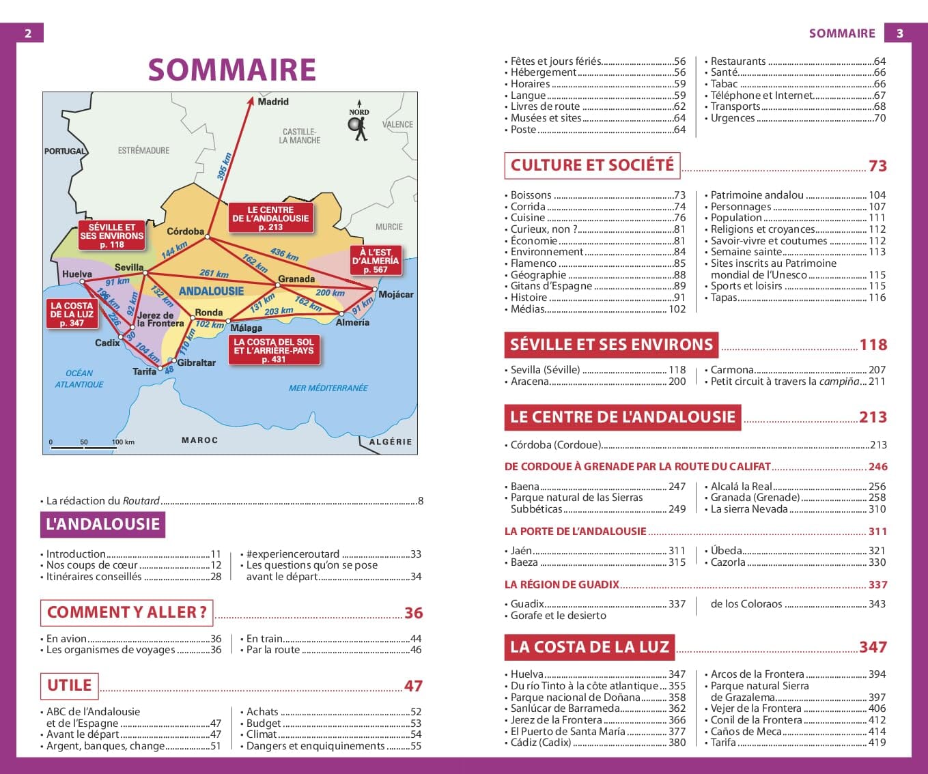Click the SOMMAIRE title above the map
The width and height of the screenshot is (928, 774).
coord(231,70)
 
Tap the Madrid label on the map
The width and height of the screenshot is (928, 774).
coord(272,102)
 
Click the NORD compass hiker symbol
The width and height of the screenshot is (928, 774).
coord(358,127)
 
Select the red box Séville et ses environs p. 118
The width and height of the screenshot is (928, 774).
coord(111,235)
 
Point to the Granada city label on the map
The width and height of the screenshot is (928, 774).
coord(296,278)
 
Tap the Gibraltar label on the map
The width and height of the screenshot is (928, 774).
coord(196,362)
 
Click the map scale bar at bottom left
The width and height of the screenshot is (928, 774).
coord(82,447)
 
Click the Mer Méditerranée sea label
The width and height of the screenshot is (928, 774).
coord(328,388)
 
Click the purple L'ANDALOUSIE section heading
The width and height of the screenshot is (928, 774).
coord(102,524)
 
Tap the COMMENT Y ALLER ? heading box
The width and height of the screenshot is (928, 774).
coord(126,612)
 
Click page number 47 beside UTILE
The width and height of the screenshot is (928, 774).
coord(413,686)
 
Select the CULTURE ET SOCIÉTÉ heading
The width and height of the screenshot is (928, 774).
coord(591,165)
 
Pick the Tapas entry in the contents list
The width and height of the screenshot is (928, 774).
coord(724,298)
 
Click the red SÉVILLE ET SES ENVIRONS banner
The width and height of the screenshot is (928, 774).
coord(610,345)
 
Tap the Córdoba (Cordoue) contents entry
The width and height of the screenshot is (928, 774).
coord(555,445)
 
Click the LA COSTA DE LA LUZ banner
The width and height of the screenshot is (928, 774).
coord(589,647)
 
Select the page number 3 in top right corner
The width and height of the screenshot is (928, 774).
coord(900,33)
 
